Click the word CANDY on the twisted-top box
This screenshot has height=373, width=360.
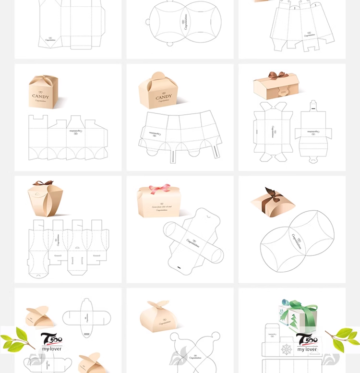(40, 96)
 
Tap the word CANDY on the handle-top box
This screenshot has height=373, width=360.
(164, 97)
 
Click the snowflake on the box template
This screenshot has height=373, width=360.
(287, 349)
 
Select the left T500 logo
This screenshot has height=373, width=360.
(51, 339)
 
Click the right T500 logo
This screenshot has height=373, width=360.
(307, 339)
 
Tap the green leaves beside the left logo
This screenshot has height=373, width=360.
(17, 339)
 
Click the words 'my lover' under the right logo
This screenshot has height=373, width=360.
(307, 349)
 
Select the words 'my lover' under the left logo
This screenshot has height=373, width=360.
(51, 349)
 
